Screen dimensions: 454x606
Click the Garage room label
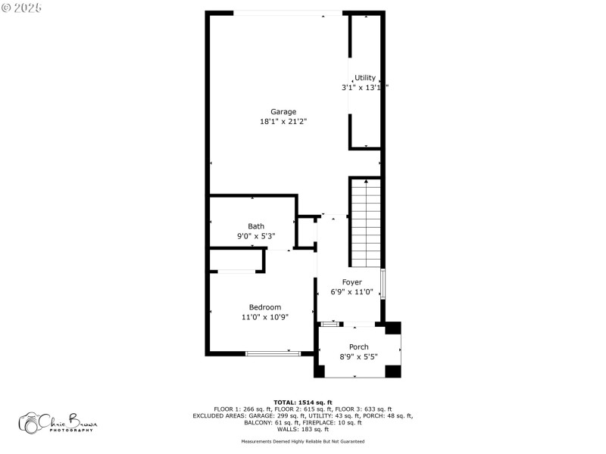283,112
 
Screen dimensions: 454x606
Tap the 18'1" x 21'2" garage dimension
283,121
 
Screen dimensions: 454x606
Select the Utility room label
365,78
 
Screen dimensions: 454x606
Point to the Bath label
256,226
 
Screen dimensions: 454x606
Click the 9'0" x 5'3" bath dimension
256,236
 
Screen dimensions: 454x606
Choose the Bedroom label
265,307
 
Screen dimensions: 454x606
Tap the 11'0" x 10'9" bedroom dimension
265,317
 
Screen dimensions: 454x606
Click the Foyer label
351,282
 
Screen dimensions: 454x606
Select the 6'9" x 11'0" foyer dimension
351,292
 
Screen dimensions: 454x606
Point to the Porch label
359,347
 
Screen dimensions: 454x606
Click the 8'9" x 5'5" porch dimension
359,356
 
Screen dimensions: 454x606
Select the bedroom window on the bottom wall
273,353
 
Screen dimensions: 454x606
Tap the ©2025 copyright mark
22,8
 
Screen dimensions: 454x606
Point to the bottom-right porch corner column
392,371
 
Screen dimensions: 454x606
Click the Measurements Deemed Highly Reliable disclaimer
302,441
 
